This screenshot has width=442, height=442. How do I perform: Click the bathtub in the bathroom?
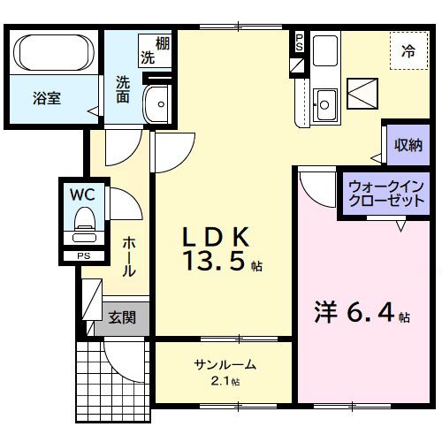pyautogui.click(x=56, y=54)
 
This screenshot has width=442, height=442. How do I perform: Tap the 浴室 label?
pyautogui.click(x=48, y=99)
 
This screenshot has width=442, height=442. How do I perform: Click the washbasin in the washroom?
pyautogui.click(x=160, y=103)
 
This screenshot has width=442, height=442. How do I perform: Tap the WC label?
pyautogui.click(x=84, y=192)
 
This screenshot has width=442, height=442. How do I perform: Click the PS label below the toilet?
pyautogui.click(x=84, y=256)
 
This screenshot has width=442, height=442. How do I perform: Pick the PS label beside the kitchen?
pyautogui.click(x=299, y=41)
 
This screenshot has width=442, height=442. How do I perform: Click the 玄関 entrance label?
pyautogui.click(x=122, y=316)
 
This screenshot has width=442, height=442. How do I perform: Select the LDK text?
pyautogui.click(x=217, y=237)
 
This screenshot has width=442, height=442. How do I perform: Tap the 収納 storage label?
pyautogui.click(x=408, y=145)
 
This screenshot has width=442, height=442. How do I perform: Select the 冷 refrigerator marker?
pyautogui.click(x=408, y=50)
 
